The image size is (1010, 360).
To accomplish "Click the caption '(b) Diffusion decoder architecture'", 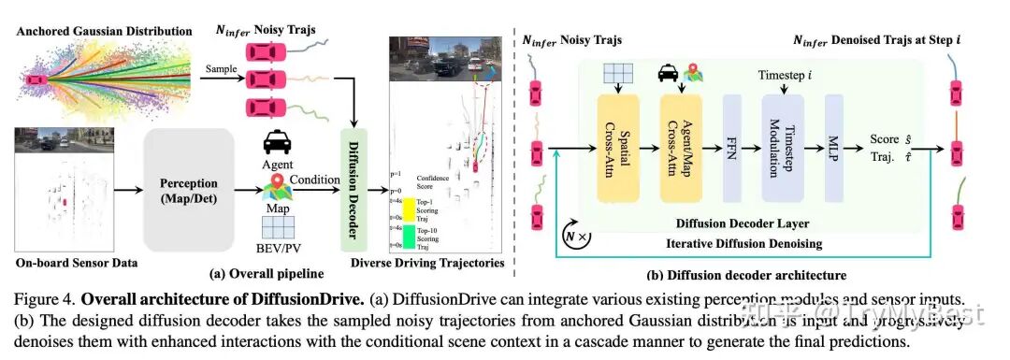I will pos(746,275).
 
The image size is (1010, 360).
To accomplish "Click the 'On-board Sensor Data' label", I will pos(71,263).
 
